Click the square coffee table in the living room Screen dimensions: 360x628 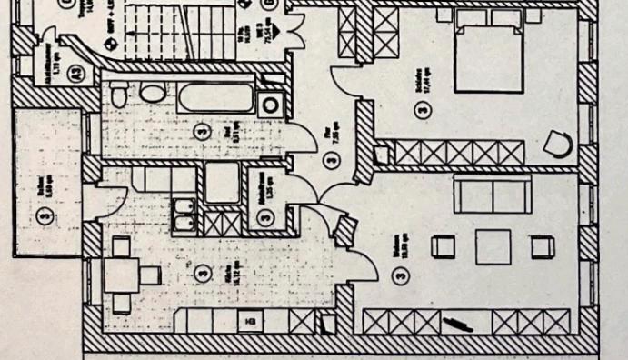493,246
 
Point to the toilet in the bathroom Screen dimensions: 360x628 151,94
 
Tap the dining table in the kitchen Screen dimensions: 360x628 121,274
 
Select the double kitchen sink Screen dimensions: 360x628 183,216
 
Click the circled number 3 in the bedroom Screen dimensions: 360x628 420,111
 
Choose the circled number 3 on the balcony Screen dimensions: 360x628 44,215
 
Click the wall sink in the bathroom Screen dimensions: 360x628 117,94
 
